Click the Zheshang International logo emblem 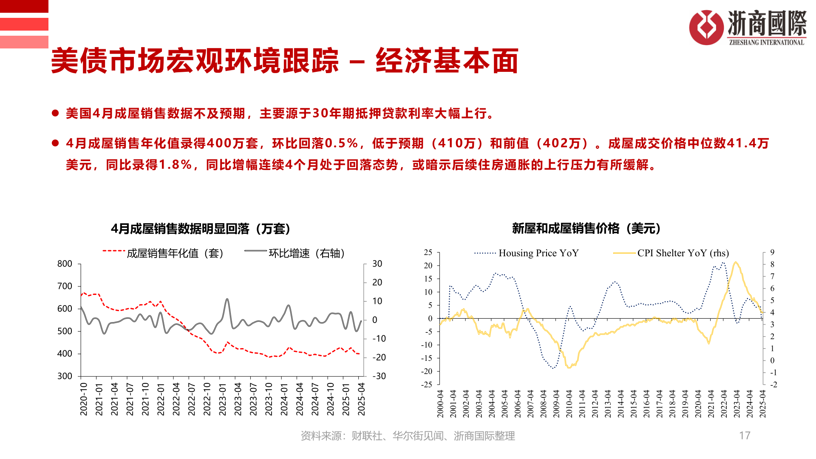tap(706, 27)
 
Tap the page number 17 tap(745, 435)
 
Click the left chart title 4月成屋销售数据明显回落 tap(200, 229)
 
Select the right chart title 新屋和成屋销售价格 tap(586, 228)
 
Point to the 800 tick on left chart tap(65, 263)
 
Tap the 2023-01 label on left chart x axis tap(223, 399)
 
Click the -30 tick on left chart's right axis tap(379, 376)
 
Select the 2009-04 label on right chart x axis tap(556, 403)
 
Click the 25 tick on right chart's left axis tap(428, 252)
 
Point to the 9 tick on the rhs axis tap(772, 252)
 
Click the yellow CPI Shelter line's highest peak tap(736, 262)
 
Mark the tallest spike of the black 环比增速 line tap(227, 299)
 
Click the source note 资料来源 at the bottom tap(408, 436)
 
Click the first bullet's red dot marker tap(55, 113)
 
